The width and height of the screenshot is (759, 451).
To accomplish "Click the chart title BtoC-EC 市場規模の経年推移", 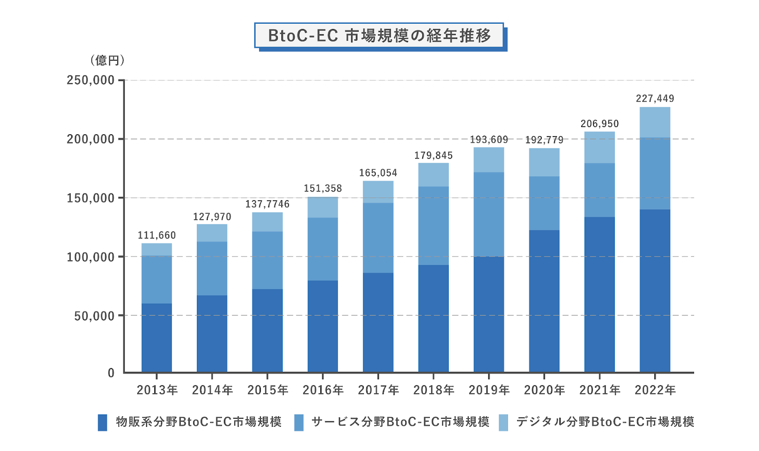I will [379, 36].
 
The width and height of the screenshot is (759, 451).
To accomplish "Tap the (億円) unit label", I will [108, 60].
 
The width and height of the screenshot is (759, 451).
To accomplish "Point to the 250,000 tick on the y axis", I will [91, 80].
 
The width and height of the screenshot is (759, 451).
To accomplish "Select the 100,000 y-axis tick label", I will [91, 257].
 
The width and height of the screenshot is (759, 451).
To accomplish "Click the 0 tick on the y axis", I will [111, 373].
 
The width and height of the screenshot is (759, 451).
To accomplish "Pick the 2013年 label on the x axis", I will [157, 390].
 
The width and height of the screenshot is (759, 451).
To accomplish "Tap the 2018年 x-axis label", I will [434, 390].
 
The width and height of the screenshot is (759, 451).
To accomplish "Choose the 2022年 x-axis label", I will [655, 390].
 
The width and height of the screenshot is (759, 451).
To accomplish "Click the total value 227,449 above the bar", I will [655, 99].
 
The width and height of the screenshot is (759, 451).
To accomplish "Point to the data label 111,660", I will [157, 235].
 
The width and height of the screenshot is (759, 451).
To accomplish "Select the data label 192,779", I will [544, 140].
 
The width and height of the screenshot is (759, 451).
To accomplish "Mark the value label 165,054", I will [378, 173].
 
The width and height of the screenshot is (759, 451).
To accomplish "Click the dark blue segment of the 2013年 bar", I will [157, 338].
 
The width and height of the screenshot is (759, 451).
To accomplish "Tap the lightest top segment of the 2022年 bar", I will [655, 122].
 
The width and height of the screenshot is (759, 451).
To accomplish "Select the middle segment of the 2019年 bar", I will [489, 214].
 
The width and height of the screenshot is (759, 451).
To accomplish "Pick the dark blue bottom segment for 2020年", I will [544, 301].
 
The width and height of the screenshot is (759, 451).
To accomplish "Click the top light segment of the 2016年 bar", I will [323, 207].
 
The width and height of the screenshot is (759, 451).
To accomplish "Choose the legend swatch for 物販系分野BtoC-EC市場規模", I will [102, 422].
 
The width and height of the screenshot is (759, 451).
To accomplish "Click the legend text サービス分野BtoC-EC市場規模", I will [400, 422].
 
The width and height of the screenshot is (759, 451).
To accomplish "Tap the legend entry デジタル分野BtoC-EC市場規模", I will [605, 422].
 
